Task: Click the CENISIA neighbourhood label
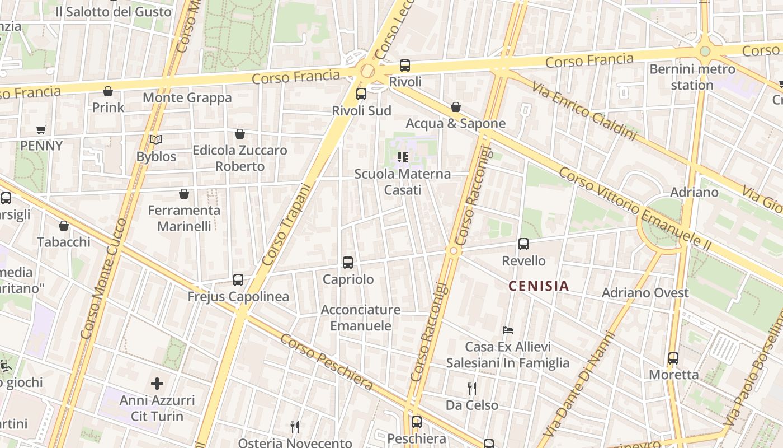(538, 286)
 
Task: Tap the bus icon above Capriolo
(348, 262)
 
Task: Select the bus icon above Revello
(523, 244)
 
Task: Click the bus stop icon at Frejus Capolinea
(238, 280)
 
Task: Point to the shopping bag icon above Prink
(108, 91)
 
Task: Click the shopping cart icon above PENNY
(41, 130)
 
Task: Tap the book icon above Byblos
(156, 140)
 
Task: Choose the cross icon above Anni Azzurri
(157, 384)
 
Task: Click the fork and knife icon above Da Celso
(472, 388)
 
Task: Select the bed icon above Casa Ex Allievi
(508, 330)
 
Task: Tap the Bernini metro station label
(692, 77)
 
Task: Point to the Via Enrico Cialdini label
(584, 110)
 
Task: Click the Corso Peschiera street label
(327, 362)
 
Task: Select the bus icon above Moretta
(673, 358)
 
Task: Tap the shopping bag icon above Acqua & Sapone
(456, 107)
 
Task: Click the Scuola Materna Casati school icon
(402, 157)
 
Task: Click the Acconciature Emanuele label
(361, 318)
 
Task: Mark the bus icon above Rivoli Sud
(361, 94)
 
